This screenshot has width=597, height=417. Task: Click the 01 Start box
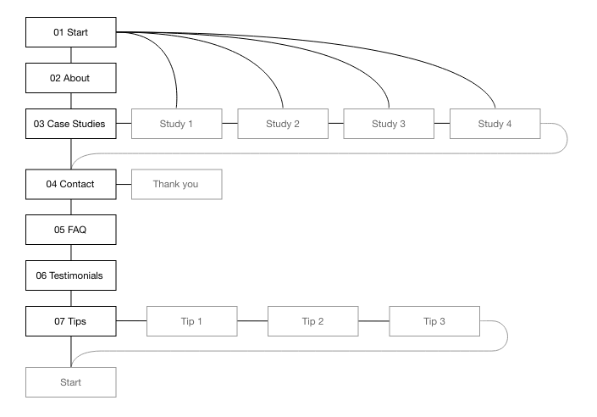click(70, 32)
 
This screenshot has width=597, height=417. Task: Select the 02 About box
click(70, 78)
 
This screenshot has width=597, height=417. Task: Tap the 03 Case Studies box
click(70, 124)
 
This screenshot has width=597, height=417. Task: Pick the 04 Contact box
click(70, 184)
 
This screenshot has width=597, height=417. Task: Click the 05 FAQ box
click(70, 230)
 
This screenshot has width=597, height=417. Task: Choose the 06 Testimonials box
click(70, 275)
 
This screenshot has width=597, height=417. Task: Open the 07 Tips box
click(70, 321)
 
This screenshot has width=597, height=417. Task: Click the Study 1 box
click(176, 124)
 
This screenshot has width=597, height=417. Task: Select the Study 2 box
click(283, 124)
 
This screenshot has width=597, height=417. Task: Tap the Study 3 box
click(389, 124)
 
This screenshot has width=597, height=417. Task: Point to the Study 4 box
click(495, 124)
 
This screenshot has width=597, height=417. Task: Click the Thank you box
click(176, 184)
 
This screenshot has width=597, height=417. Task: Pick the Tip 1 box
click(192, 321)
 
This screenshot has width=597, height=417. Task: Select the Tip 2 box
click(313, 321)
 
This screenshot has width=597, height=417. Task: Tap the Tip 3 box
click(434, 321)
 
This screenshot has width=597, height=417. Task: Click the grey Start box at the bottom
click(70, 382)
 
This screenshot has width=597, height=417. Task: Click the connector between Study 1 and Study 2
click(229, 124)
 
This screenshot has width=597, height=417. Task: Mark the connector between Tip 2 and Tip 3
click(373, 321)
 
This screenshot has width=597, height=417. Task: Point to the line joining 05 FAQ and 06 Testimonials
click(70, 253)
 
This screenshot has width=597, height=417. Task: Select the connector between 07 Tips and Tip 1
click(130, 321)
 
